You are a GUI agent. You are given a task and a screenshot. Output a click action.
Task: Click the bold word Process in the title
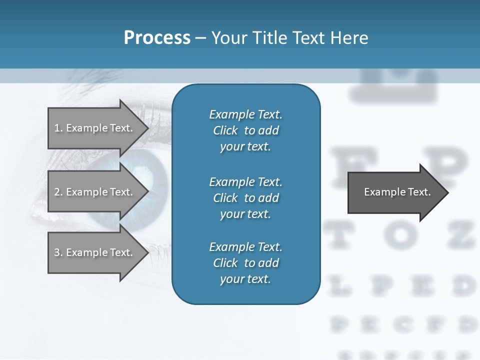(157, 38)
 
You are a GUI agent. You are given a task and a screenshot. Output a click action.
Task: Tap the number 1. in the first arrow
(58, 128)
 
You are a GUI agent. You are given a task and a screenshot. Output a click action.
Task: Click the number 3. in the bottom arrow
(58, 252)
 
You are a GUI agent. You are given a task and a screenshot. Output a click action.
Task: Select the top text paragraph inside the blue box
(245, 130)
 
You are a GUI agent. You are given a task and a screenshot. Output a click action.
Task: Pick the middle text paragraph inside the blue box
(245, 197)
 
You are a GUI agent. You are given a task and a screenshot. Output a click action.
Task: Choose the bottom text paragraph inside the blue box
(245, 263)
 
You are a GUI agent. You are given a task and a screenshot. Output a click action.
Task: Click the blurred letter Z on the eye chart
(460, 234)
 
